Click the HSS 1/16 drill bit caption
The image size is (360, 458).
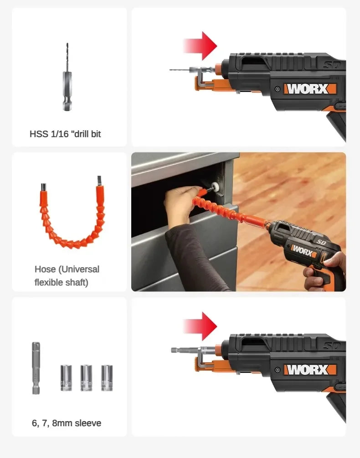coord(65,134)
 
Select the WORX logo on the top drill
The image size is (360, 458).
coord(310,88)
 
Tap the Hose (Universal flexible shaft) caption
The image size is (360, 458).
coord(67,275)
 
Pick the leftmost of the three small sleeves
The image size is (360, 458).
coord(66,377)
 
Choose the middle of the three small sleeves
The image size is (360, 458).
coord(86,377)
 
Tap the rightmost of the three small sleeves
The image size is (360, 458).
coord(107,377)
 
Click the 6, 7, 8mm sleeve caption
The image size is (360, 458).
coord(67,423)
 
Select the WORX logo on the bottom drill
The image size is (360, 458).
coord(310,369)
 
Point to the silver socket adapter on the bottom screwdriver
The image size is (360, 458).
coord(182,350)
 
